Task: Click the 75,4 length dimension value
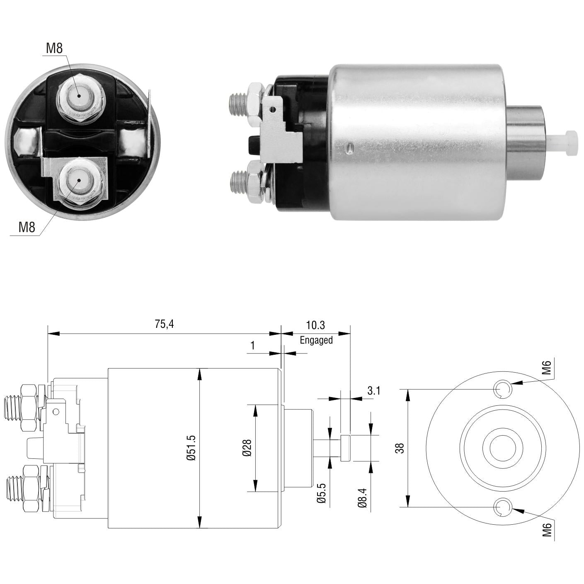pyautogui.click(x=164, y=324)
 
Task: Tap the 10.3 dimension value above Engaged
pyautogui.click(x=315, y=325)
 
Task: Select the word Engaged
pyautogui.click(x=316, y=340)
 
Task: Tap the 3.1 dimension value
pyautogui.click(x=374, y=391)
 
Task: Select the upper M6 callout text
pyautogui.click(x=546, y=366)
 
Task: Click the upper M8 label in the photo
pyautogui.click(x=54, y=48)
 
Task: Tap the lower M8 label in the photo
pyautogui.click(x=27, y=227)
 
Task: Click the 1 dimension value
pyautogui.click(x=253, y=345)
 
